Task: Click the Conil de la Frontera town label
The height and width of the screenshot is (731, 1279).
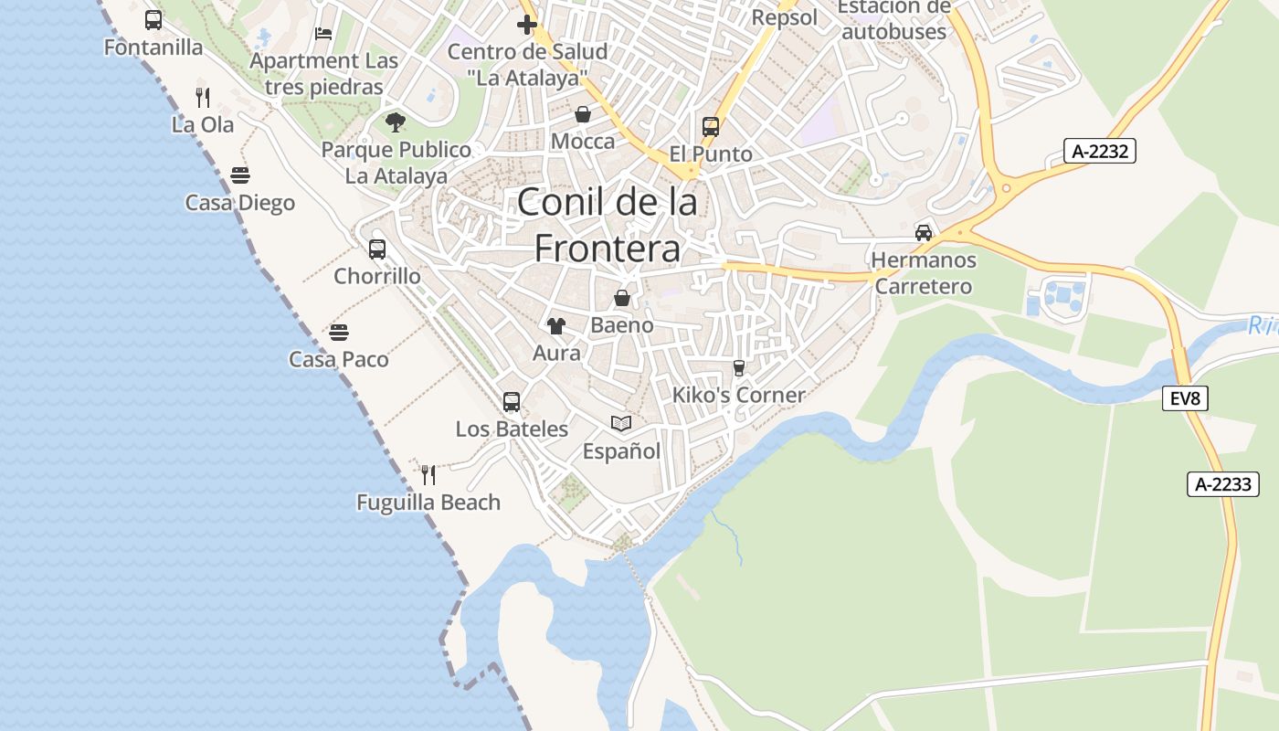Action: coord(608,225)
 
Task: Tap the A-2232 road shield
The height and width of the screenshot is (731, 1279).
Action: coord(1100,151)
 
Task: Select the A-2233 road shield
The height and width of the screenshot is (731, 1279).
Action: coord(1223,484)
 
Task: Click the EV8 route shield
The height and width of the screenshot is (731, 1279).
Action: coord(1185,397)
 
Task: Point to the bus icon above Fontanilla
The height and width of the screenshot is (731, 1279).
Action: coord(153,20)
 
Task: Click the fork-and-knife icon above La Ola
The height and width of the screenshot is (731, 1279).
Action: coord(203,97)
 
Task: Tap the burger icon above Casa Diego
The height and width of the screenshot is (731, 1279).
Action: coord(240,175)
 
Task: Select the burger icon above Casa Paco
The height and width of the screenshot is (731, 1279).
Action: coord(339,332)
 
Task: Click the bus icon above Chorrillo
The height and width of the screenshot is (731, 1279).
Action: coord(376,249)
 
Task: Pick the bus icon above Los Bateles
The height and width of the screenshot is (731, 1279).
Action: coord(512,401)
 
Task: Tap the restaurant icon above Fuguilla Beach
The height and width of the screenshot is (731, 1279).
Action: coord(428,475)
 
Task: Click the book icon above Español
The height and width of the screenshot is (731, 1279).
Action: coord(621,423)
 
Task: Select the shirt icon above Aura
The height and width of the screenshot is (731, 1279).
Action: coord(556,325)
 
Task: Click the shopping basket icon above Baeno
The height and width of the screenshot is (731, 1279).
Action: coord(622,298)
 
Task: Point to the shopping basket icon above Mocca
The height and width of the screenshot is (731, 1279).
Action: coord(583,114)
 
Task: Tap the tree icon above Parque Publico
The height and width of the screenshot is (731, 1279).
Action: coord(396,122)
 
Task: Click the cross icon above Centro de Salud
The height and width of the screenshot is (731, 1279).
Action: coord(527,24)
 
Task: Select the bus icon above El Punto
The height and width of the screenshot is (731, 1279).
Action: coord(711,127)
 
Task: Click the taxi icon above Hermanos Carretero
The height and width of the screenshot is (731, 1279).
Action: coord(924,232)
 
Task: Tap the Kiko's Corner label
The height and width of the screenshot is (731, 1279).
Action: coord(738,395)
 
